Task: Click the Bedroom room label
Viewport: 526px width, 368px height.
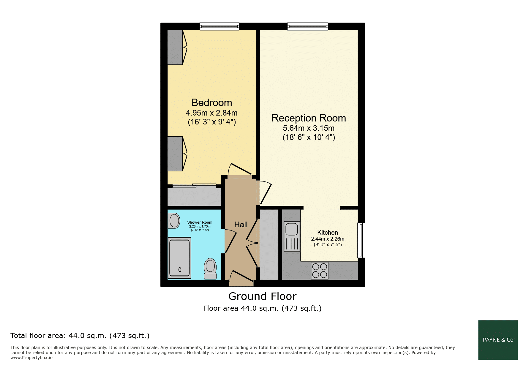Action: point(212,102)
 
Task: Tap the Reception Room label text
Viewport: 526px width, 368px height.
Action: point(309,118)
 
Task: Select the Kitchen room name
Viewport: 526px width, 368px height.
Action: point(328,233)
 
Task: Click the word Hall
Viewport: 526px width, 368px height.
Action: point(241,225)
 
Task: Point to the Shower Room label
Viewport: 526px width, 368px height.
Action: point(200,222)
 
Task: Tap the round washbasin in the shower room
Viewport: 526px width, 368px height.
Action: point(174,221)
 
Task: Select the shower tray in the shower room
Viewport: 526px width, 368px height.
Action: point(179,258)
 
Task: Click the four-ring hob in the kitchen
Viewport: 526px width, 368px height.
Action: point(320,271)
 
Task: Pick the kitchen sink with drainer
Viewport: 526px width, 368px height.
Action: point(292,236)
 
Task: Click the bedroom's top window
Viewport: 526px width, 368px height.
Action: point(219,26)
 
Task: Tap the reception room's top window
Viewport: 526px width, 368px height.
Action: point(308,26)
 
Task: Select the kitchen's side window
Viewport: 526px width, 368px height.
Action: point(361,240)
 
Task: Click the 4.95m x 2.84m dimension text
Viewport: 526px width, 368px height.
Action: point(212,113)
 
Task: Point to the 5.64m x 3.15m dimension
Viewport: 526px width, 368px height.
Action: point(309,128)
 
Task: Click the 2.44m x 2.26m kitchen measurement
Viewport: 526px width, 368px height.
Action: point(328,239)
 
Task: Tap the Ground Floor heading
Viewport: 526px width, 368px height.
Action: point(263,296)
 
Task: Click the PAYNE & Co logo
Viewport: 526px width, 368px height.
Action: point(498,340)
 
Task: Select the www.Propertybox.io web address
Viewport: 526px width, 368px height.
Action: point(31,358)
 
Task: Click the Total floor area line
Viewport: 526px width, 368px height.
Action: point(80,336)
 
